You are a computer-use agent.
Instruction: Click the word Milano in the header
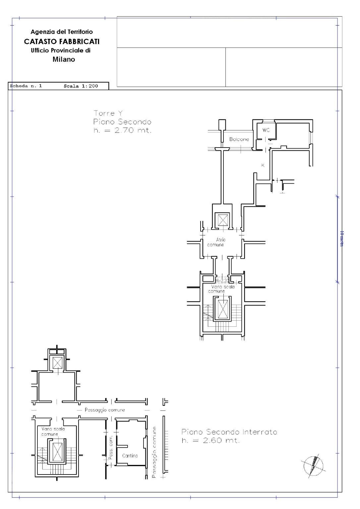coord(64,60)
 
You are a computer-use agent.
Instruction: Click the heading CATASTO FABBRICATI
coord(62,42)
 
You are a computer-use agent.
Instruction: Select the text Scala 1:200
coord(81,86)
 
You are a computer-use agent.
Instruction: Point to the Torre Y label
coord(108,113)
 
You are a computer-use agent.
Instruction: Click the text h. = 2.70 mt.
coord(122,131)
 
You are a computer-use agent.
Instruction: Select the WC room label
coord(266,130)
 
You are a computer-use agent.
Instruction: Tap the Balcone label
coord(239,140)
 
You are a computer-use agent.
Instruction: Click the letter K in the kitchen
coord(263,165)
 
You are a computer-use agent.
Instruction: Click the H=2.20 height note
coord(222,281)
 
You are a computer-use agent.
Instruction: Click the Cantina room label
coord(130,456)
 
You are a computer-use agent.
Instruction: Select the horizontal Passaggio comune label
coord(105,410)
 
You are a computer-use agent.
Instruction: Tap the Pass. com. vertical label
coord(111,447)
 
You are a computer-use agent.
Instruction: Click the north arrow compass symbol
coord(313,466)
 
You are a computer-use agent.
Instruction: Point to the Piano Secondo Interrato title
coord(229,432)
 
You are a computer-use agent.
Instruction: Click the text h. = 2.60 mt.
coord(210,441)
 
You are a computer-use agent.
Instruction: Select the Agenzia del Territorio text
coord(62,32)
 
